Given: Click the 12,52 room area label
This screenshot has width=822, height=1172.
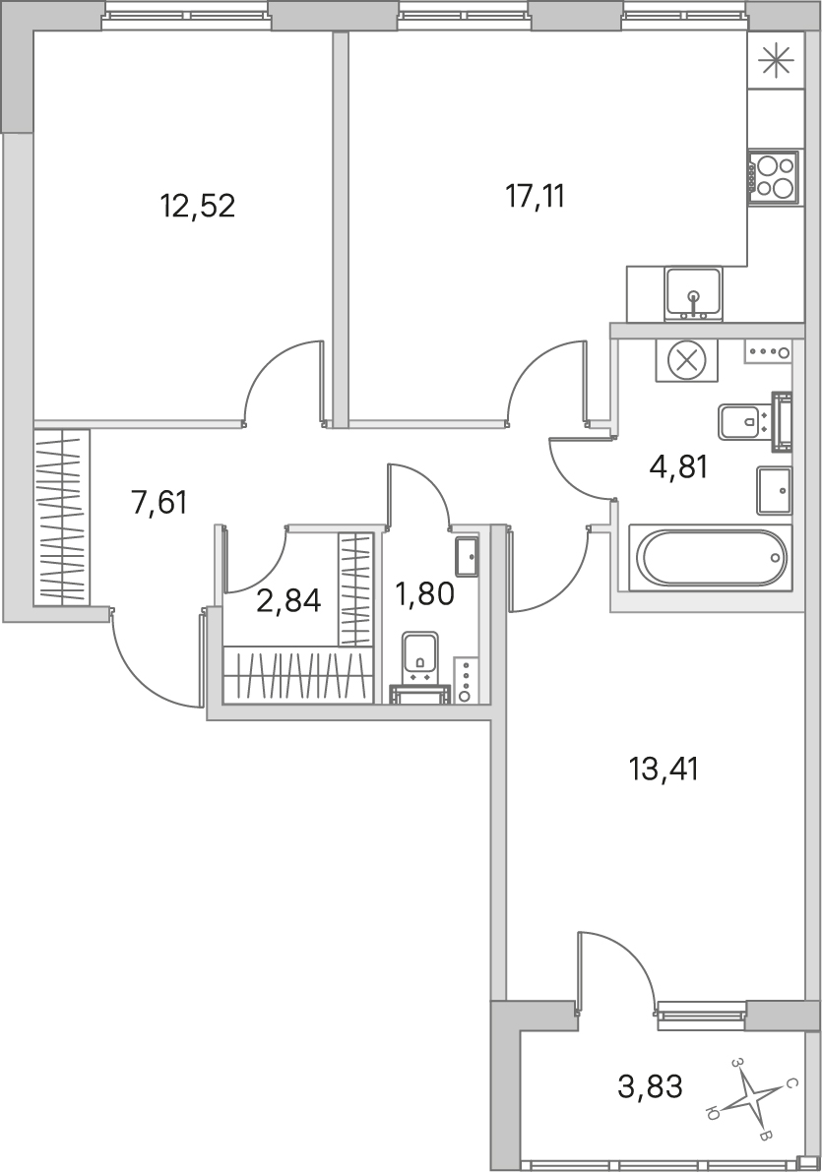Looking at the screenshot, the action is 198,205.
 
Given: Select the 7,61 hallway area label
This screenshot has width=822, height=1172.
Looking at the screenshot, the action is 158,502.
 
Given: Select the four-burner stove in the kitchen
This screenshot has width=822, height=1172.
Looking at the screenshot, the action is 775,176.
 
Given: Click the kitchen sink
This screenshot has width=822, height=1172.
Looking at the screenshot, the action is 693,293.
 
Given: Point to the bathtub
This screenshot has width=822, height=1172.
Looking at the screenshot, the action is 710,558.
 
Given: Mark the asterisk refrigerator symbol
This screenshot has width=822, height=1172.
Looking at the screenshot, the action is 775,61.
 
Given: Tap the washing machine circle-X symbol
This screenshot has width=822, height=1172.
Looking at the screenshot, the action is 686,360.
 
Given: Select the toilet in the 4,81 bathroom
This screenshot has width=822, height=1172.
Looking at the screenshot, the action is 754,423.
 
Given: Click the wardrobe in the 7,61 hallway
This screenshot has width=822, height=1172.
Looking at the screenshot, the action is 62,517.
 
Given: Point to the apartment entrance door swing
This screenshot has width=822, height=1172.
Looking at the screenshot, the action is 155,657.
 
